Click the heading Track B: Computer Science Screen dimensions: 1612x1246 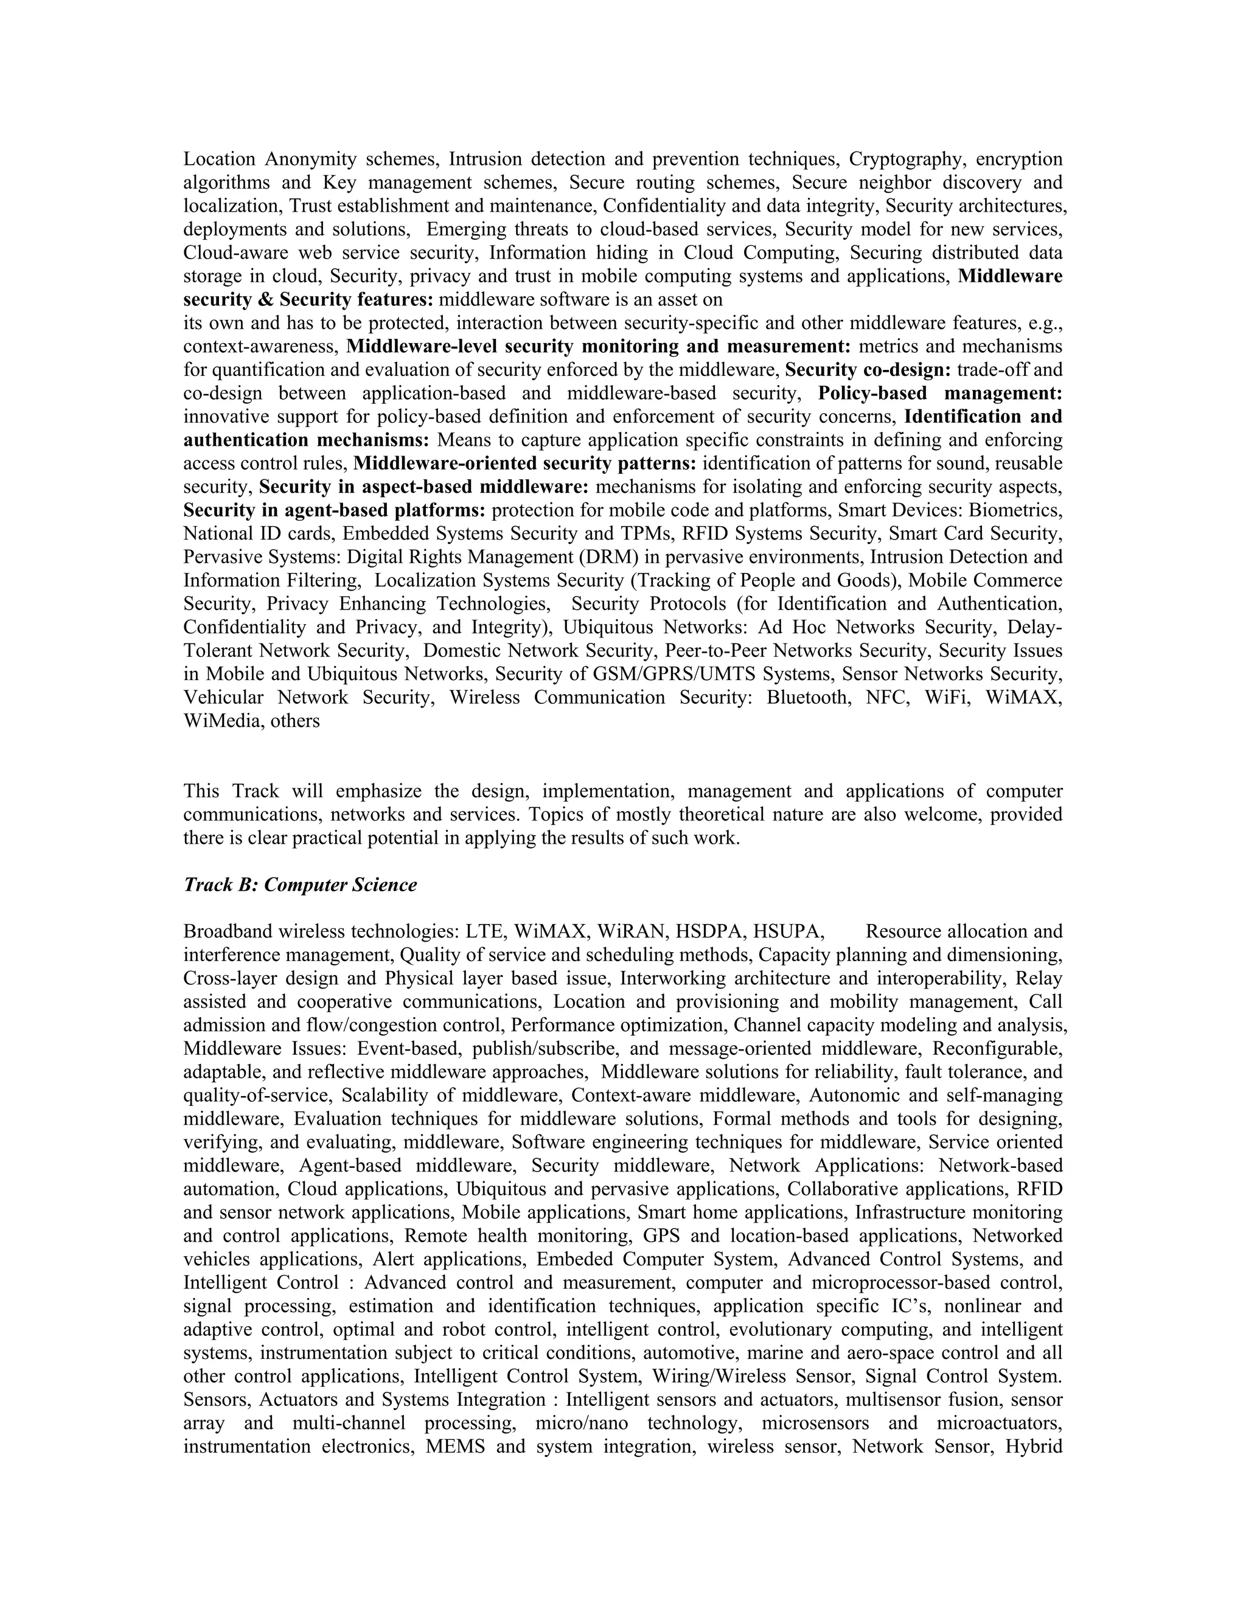pyautogui.click(x=300, y=885)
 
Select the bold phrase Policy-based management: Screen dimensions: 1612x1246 pyautogui.click(x=939, y=394)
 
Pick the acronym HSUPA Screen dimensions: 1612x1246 pyautogui.click(x=785, y=931)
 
